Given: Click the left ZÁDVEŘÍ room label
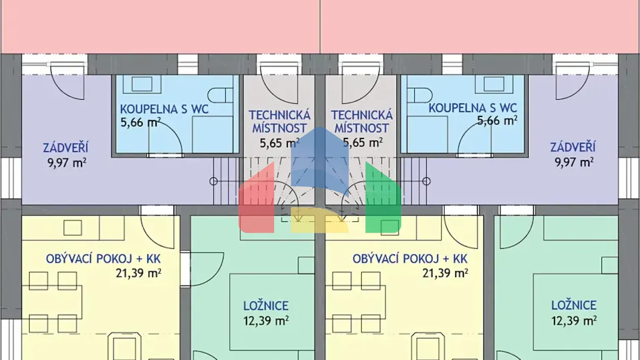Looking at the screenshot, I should [65, 148].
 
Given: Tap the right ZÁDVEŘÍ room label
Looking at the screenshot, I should [572, 147].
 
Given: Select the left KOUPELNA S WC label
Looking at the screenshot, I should [164, 110].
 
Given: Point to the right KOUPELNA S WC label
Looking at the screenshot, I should [472, 108].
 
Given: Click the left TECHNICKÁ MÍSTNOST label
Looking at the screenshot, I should [279, 121].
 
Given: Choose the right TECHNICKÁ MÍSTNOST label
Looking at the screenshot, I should [362, 121].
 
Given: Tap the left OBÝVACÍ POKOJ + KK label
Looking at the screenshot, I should [103, 259].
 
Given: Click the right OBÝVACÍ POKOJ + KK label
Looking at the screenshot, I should [410, 259].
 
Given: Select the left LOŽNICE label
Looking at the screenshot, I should [266, 306].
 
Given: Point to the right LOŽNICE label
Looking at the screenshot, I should [574, 305].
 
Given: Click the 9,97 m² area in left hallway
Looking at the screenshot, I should [67, 162].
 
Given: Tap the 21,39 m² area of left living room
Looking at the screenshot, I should [138, 273].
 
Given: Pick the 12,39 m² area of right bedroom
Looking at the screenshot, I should [574, 320].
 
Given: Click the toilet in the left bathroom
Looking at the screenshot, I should [220, 95].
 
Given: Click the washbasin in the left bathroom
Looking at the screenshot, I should [142, 84].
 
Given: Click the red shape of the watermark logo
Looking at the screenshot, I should [257, 200].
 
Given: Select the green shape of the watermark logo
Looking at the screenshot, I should [382, 200].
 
